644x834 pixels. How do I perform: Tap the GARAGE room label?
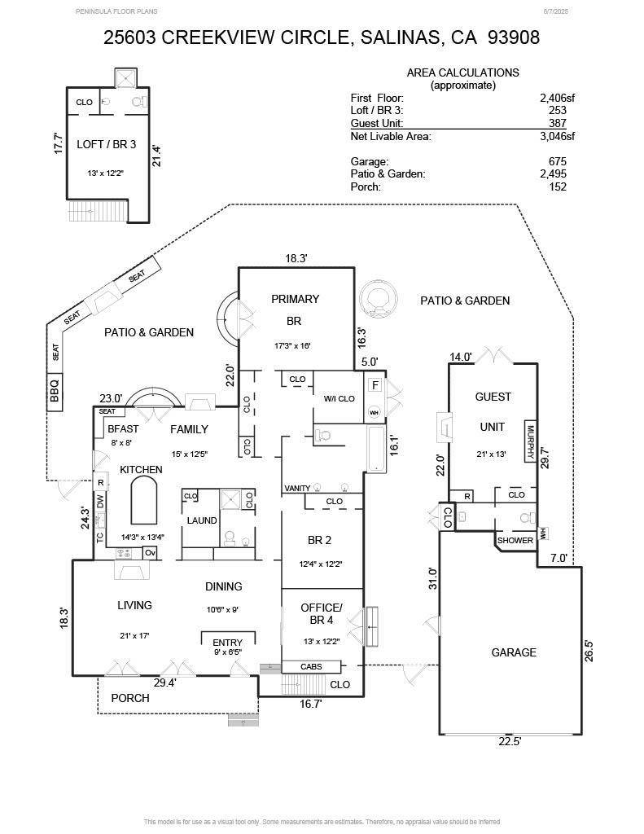[x=514, y=652]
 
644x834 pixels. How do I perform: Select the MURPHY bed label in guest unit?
[x=530, y=441]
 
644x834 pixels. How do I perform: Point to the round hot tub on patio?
[x=378, y=301]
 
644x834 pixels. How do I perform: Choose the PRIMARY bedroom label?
[x=296, y=299]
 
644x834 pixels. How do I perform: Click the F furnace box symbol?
[x=375, y=385]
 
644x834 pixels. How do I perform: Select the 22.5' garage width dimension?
[x=510, y=741]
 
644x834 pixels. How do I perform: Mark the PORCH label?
[x=130, y=698]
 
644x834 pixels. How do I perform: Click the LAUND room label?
[x=202, y=520]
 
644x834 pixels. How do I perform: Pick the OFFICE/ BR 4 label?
[x=322, y=615]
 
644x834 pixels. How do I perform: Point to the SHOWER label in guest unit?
[x=515, y=540]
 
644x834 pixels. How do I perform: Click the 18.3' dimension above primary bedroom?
[x=296, y=258]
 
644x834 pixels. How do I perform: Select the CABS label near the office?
[x=311, y=666]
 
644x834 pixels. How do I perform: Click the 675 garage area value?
[x=559, y=161]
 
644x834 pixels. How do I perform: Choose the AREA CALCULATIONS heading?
[x=462, y=72]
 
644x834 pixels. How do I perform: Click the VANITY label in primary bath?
[x=297, y=489]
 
